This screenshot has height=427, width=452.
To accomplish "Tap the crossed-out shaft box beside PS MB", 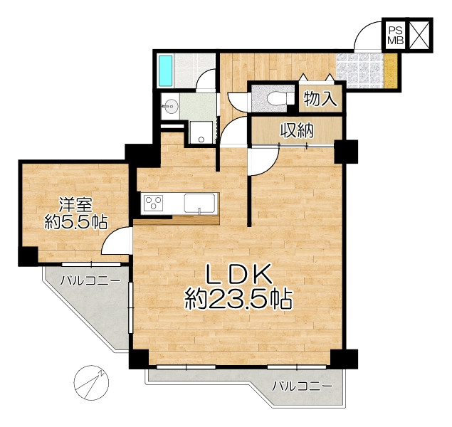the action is [x=420, y=35].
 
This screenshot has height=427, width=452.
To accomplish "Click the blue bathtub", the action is [x=165, y=70].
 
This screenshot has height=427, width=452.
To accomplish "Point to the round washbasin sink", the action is [x=170, y=106].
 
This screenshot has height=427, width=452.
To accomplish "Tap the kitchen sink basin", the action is [x=199, y=204].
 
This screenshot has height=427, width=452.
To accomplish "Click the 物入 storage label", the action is [x=320, y=99].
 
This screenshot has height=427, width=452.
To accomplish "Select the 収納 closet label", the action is [x=297, y=131].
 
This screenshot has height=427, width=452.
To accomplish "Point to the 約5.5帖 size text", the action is [x=76, y=222].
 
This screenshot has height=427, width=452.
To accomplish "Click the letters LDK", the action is [x=238, y=274].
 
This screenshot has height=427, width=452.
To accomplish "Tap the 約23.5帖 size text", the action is [x=238, y=299].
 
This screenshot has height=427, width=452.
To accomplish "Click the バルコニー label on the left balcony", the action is [x=90, y=280].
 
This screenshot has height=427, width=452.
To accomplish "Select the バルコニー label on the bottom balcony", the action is [x=303, y=386].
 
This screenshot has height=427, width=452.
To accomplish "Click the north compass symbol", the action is [x=91, y=383].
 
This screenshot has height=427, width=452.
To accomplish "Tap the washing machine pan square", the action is [x=201, y=132].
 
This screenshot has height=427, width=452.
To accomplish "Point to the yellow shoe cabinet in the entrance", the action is [x=390, y=71].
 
